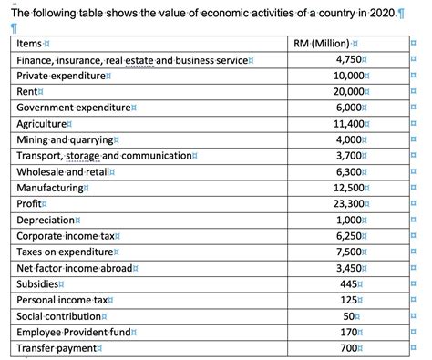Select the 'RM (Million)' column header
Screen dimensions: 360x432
coord(325,44)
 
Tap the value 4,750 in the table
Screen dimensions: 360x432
coord(349,60)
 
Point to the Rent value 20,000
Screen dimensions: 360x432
coord(346,93)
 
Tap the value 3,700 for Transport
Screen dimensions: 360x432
coord(349,156)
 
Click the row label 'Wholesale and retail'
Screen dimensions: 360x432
coord(63,172)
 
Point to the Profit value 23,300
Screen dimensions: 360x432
coord(346,204)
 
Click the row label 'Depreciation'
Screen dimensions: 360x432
coord(46,220)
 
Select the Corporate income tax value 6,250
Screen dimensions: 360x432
coord(349,236)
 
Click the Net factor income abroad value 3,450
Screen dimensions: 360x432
coord(349,268)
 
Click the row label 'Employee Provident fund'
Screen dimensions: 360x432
coord(75,332)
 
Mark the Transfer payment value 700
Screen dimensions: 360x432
coord(354,348)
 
